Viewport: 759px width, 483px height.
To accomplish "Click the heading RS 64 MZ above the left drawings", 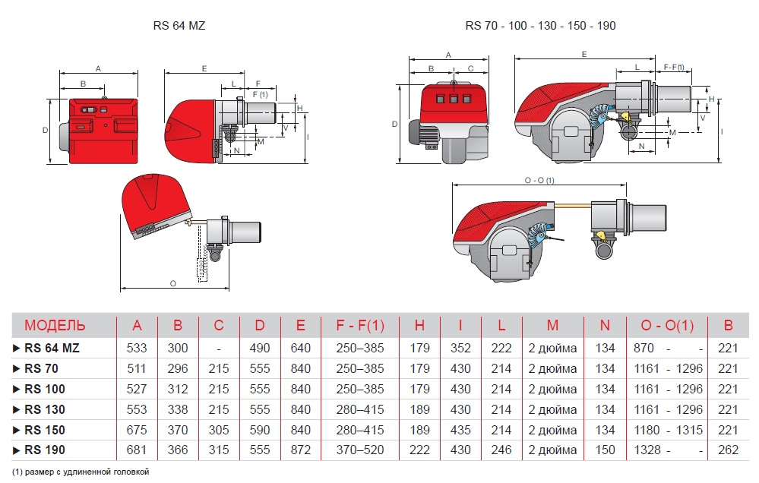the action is click(179, 26).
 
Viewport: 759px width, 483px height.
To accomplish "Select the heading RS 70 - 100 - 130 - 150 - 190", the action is click(540, 26).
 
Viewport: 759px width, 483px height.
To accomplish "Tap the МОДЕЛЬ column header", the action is click(55, 325).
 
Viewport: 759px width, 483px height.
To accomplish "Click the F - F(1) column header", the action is click(360, 325).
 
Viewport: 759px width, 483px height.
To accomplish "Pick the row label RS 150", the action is click(45, 430).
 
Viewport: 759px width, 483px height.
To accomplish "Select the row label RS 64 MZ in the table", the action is click(52, 348).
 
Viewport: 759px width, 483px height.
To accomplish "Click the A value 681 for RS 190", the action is click(137, 450).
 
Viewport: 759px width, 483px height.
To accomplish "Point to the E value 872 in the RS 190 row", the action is click(301, 450).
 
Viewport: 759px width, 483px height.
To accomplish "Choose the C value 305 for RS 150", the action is click(219, 430).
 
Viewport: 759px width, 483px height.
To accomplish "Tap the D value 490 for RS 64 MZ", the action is click(259, 348).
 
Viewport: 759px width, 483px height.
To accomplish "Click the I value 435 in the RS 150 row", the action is click(460, 430).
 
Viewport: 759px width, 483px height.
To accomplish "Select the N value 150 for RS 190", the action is click(605, 450).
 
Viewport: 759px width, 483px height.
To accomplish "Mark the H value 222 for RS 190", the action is click(419, 450).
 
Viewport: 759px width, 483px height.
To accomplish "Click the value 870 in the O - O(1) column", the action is click(644, 348).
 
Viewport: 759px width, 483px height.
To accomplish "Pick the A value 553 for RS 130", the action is click(137, 409).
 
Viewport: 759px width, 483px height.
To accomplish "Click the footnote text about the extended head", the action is click(81, 472).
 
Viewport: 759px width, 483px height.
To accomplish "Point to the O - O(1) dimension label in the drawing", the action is click(539, 180).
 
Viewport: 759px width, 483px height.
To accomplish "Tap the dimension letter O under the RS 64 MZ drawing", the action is click(172, 283).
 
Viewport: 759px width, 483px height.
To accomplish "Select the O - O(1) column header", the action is click(667, 325).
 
